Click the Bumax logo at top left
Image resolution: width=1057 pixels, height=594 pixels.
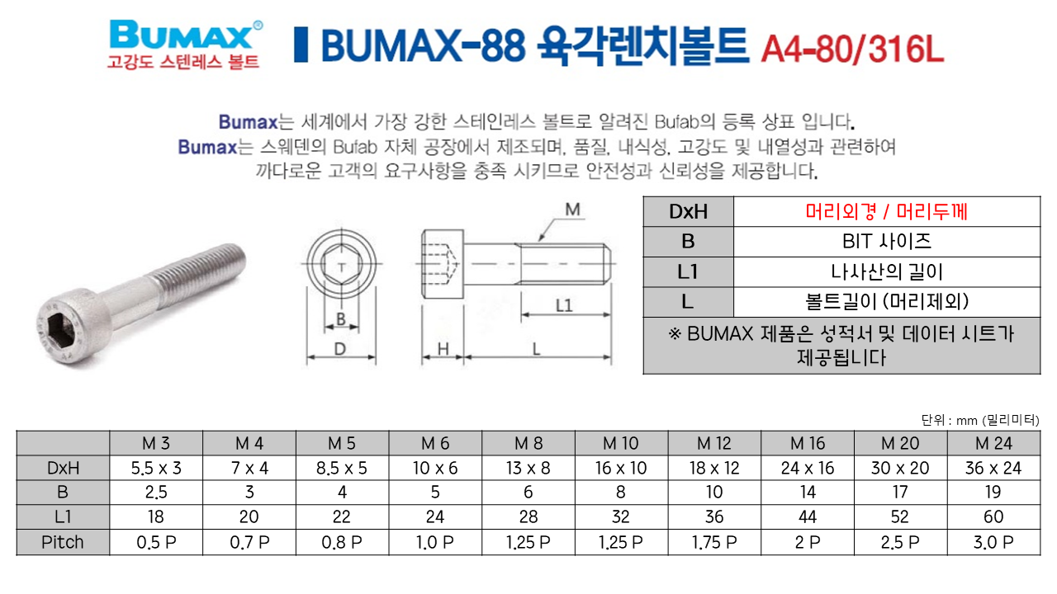pyautogui.click(x=184, y=45)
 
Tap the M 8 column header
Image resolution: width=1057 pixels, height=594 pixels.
pyautogui.click(x=528, y=444)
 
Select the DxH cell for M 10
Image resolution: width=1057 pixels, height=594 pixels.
pyautogui.click(x=621, y=468)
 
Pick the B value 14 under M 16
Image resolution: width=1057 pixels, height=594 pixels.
pyautogui.click(x=808, y=493)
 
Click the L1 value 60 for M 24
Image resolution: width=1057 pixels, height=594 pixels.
pyautogui.click(x=993, y=517)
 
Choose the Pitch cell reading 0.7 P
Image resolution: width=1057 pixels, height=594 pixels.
pyautogui.click(x=249, y=542)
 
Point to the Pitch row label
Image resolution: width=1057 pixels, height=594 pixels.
pyautogui.click(x=62, y=542)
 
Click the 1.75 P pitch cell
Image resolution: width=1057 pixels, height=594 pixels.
pyautogui.click(x=714, y=542)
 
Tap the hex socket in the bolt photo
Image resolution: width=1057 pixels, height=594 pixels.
pyautogui.click(x=60, y=326)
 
